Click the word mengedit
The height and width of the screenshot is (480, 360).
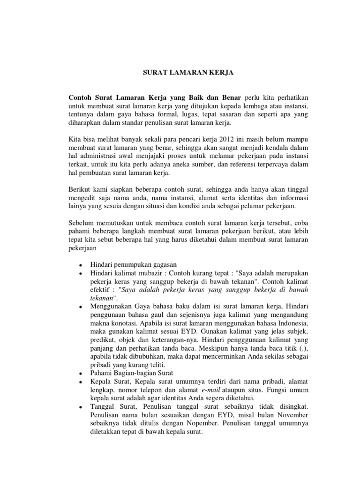click(x=84, y=199)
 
